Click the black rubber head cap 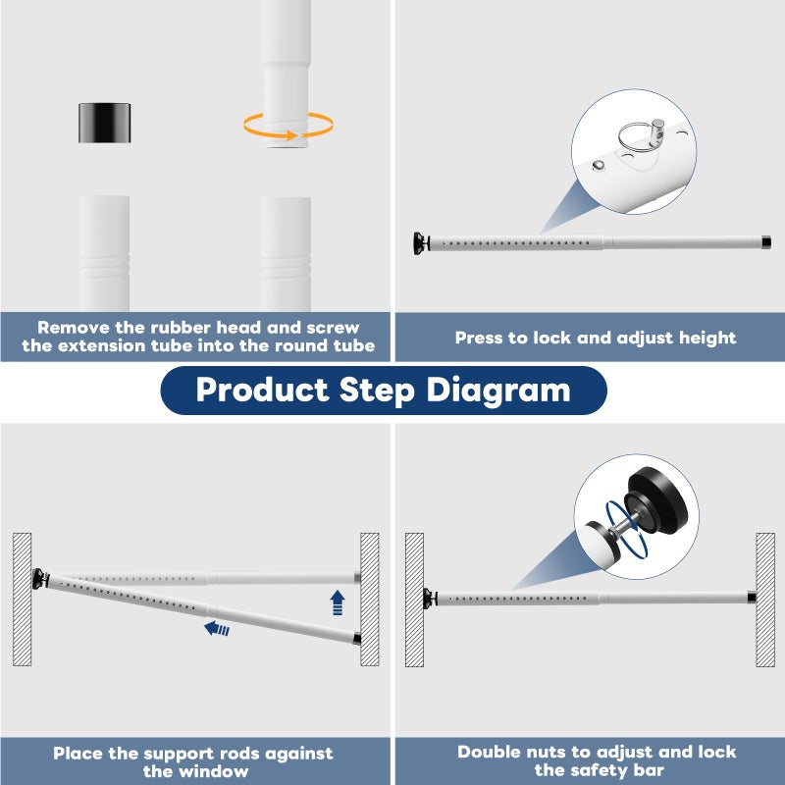[x=105, y=123]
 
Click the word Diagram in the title [x=498, y=390]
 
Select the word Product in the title [x=262, y=389]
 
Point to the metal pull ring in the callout [x=635, y=136]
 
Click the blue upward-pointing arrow [x=338, y=602]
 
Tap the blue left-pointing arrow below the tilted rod [x=217, y=628]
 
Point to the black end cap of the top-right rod [x=766, y=242]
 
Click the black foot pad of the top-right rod [x=419, y=243]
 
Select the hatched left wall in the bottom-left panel [x=22, y=600]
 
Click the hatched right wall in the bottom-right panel [x=765, y=600]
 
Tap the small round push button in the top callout [x=598, y=165]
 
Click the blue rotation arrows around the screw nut [x=626, y=530]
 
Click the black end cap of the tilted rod [x=357, y=639]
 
